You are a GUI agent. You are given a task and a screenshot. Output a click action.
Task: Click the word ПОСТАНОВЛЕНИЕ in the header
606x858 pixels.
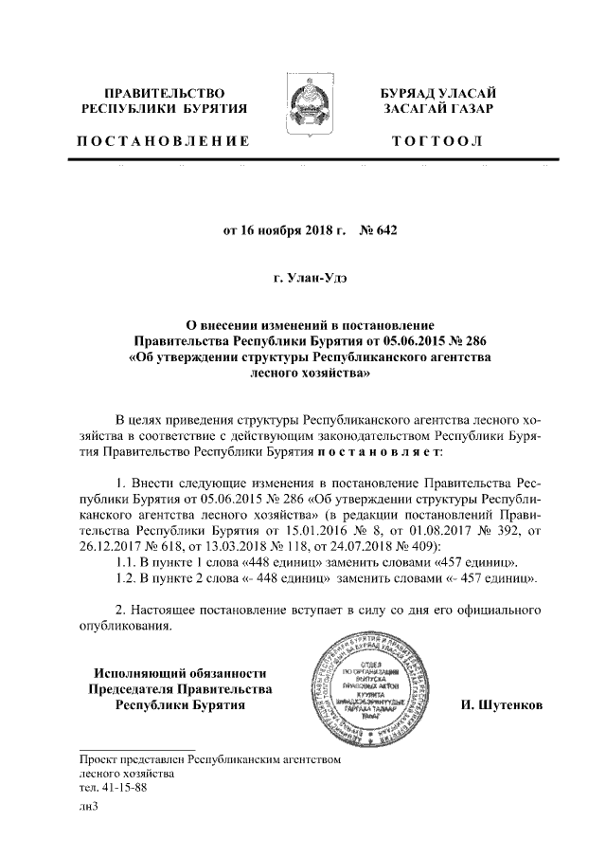coord(163,141)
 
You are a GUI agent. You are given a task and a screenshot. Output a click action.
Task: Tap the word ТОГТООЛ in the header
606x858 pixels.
coord(437,141)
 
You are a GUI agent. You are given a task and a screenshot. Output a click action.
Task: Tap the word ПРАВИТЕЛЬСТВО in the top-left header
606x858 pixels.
coord(164,93)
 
